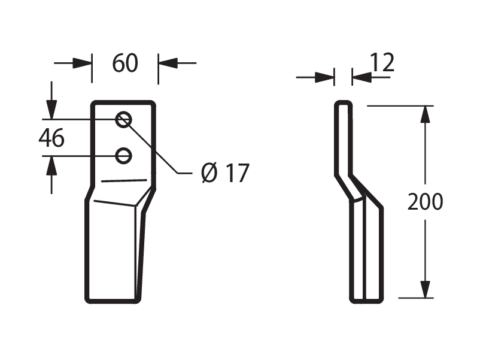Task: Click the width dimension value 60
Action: coord(125,63)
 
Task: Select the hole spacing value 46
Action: coord(51,138)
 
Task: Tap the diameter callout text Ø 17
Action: coord(225,173)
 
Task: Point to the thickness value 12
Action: coord(382,62)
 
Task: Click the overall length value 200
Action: coord(425,202)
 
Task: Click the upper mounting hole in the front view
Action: coord(124,119)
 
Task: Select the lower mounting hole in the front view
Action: coord(124,156)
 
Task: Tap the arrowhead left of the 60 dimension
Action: coord(82,63)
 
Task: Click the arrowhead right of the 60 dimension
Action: coord(168,63)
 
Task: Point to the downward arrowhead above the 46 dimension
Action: coord(51,109)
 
